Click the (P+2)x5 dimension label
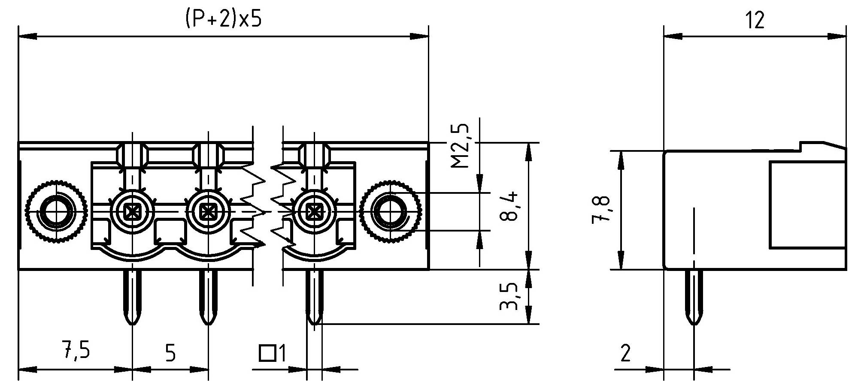coord(223,19)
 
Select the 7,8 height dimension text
coord(601,210)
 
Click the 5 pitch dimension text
coord(170,354)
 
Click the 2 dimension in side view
coord(626,354)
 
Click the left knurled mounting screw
coord(55,211)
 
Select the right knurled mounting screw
coord(390,211)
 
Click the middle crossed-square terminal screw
coord(208,211)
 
